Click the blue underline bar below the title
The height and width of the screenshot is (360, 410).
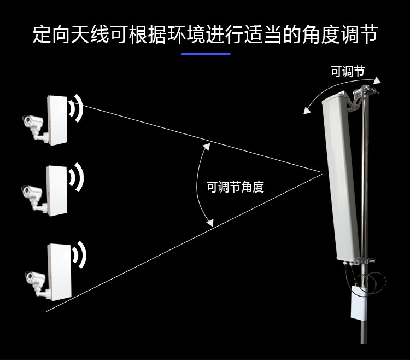[206, 54]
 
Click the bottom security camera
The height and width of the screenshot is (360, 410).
[37, 284]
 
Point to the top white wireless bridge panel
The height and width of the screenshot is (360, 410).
[57, 120]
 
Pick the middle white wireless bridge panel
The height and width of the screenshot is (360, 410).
[57, 191]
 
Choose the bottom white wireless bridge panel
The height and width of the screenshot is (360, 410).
[60, 272]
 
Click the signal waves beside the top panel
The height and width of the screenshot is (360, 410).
[76, 108]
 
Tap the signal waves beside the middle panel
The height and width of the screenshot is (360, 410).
[77, 177]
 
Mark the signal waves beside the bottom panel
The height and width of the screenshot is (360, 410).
[79, 255]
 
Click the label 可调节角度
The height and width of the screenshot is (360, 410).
[235, 187]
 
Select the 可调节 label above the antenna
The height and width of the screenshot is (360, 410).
[348, 72]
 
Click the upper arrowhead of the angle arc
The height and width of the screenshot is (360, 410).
[207, 147]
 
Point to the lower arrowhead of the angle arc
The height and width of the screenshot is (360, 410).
[210, 223]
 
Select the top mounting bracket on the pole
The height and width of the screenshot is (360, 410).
[362, 97]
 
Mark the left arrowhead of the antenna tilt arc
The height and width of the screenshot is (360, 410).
[307, 111]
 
